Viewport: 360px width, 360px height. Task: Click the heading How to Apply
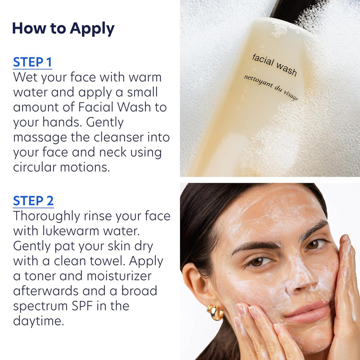pos(63,28)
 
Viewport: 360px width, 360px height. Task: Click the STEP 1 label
pos(33,62)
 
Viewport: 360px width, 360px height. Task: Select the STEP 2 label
pos(33,200)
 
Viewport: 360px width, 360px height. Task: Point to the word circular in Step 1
pos(38,167)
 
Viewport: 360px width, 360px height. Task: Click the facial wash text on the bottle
pos(274,64)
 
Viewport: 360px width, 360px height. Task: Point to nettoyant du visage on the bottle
pos(271,88)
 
